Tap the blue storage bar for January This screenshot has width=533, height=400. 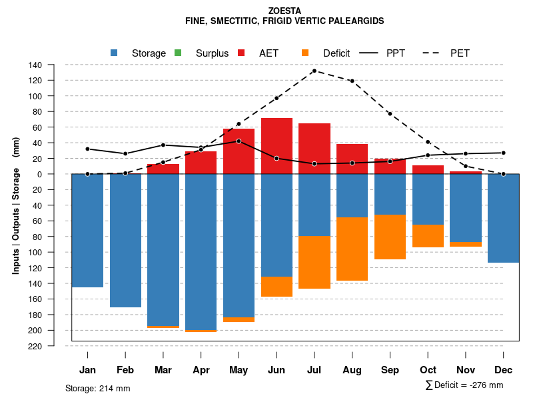pyautogui.click(x=87, y=231)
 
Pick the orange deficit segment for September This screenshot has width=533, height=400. pyautogui.click(x=390, y=237)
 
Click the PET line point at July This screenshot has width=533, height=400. pyautogui.click(x=314, y=71)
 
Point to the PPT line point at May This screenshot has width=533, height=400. pyautogui.click(x=239, y=141)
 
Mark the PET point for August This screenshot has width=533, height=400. pyautogui.click(x=352, y=81)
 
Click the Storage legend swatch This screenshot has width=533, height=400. pyautogui.click(x=114, y=53)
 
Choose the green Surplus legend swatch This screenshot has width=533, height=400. pyautogui.click(x=178, y=53)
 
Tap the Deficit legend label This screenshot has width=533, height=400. pyautogui.click(x=336, y=53)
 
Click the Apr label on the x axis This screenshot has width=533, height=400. pyautogui.click(x=201, y=370)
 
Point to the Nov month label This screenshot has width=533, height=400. pyautogui.click(x=466, y=370)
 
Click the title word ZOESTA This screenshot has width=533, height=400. pyautogui.click(x=284, y=11)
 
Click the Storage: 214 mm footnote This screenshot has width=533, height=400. pyautogui.click(x=98, y=388)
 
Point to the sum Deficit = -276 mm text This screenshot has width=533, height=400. pyautogui.click(x=464, y=385)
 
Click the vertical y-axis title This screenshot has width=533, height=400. pyautogui.click(x=16, y=205)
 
